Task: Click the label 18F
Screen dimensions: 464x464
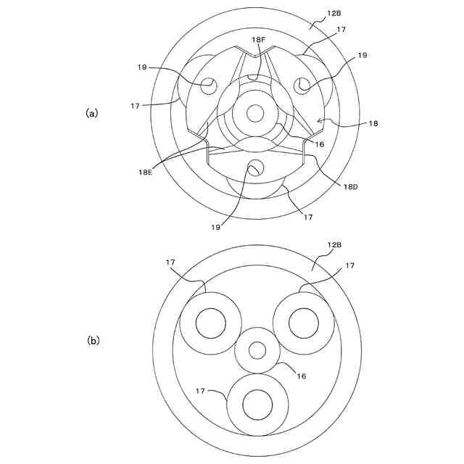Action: (259, 40)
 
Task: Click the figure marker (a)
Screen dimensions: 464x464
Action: (92, 112)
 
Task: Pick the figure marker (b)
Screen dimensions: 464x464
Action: (93, 339)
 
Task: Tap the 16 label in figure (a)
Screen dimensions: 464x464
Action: (319, 144)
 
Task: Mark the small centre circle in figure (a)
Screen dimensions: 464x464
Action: (254, 113)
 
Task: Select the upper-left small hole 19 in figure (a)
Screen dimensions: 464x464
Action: (208, 85)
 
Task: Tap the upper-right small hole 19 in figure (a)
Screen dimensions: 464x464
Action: (301, 86)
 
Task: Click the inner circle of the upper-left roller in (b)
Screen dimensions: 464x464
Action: (210, 322)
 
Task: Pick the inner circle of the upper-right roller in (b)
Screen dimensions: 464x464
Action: (303, 322)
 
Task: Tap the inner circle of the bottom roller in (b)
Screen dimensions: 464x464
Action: (257, 405)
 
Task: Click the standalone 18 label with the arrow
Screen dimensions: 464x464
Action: (373, 124)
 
